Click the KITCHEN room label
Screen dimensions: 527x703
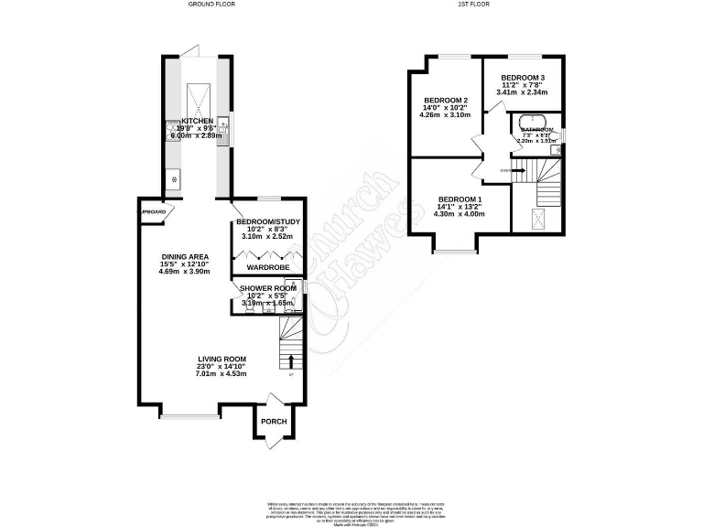click(x=197, y=121)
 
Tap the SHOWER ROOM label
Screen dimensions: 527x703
click(x=267, y=288)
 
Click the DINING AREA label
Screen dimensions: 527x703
click(x=184, y=256)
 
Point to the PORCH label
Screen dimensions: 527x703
click(x=274, y=422)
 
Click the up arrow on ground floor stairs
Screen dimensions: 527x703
click(x=290, y=360)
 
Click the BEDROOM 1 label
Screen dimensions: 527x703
click(x=459, y=199)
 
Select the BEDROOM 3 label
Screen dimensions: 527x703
click(x=522, y=77)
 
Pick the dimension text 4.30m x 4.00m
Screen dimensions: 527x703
click(x=459, y=214)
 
